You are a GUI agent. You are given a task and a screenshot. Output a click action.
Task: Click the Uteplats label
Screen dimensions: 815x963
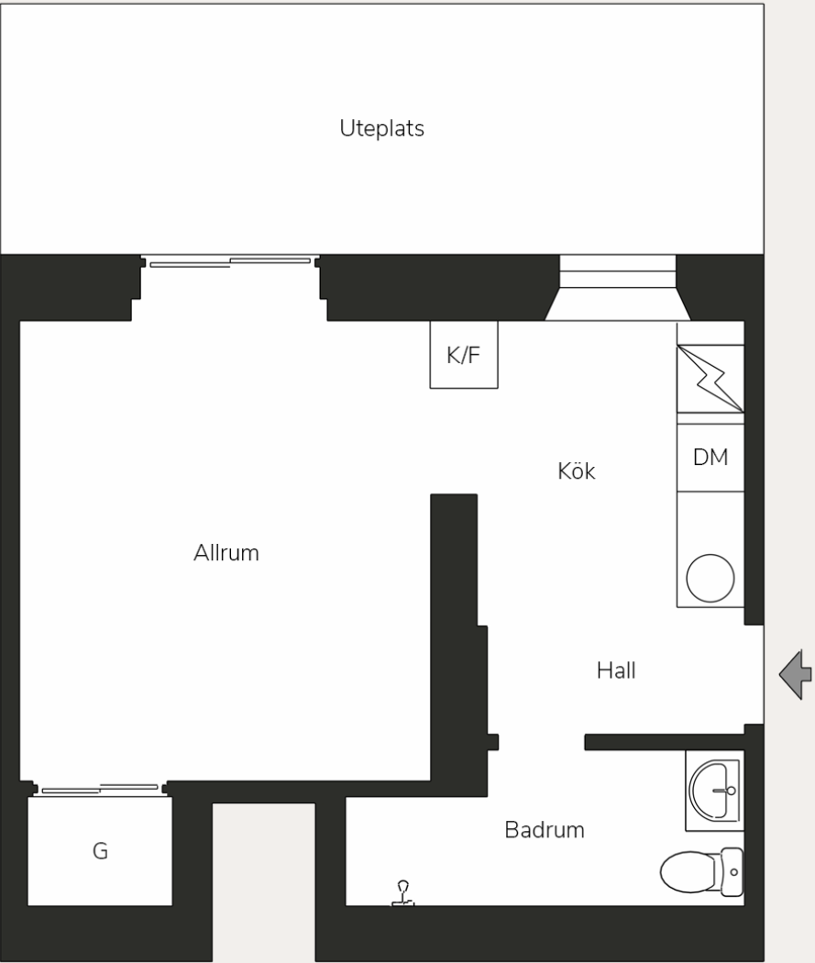381,128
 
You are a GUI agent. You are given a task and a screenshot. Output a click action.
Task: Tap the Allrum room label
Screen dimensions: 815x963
226,553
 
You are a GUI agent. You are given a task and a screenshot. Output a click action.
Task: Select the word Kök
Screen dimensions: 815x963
577,471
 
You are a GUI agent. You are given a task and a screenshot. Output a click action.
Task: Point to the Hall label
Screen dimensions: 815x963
616,670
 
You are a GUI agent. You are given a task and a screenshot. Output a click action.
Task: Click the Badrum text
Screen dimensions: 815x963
545,830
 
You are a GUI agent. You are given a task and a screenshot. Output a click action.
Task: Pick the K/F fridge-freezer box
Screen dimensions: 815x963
463,354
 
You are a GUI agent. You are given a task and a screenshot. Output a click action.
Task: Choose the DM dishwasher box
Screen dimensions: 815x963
710,458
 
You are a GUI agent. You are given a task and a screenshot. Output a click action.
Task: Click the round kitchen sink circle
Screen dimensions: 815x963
710,578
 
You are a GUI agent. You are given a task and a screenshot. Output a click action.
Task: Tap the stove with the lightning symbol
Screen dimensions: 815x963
710,378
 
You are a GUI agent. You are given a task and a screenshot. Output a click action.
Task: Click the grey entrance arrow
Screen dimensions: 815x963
796,674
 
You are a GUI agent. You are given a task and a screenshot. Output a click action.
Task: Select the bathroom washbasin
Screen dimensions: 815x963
714,791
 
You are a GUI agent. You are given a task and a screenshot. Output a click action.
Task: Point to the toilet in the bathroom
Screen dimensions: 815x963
701,872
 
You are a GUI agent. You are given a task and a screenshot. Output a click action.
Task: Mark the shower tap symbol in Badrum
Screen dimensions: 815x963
402,893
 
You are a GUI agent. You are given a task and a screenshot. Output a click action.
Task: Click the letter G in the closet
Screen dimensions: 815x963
100,850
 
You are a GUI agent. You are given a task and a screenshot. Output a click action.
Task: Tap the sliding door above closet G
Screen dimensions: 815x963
100,789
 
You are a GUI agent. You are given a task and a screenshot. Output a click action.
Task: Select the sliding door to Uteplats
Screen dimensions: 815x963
230,262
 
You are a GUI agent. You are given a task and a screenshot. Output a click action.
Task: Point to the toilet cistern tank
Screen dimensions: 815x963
732,872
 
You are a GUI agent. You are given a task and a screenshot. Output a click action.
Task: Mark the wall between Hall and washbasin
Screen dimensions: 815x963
664,742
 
